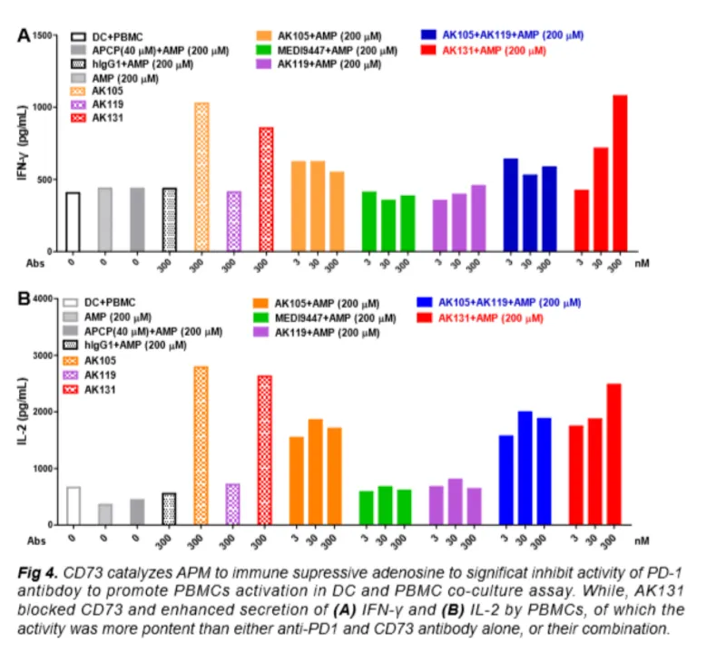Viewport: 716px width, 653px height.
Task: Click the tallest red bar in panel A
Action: (620, 172)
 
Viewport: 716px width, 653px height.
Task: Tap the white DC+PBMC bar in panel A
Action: (73, 221)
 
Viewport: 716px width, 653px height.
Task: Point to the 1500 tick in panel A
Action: (44, 35)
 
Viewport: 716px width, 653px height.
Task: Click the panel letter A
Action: (25, 34)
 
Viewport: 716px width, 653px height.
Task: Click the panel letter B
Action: (25, 296)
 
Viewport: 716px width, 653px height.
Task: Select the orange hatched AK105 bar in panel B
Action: (201, 445)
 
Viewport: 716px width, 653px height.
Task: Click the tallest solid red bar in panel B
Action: (614, 454)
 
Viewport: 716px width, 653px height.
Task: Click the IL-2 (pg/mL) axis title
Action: (25, 413)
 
